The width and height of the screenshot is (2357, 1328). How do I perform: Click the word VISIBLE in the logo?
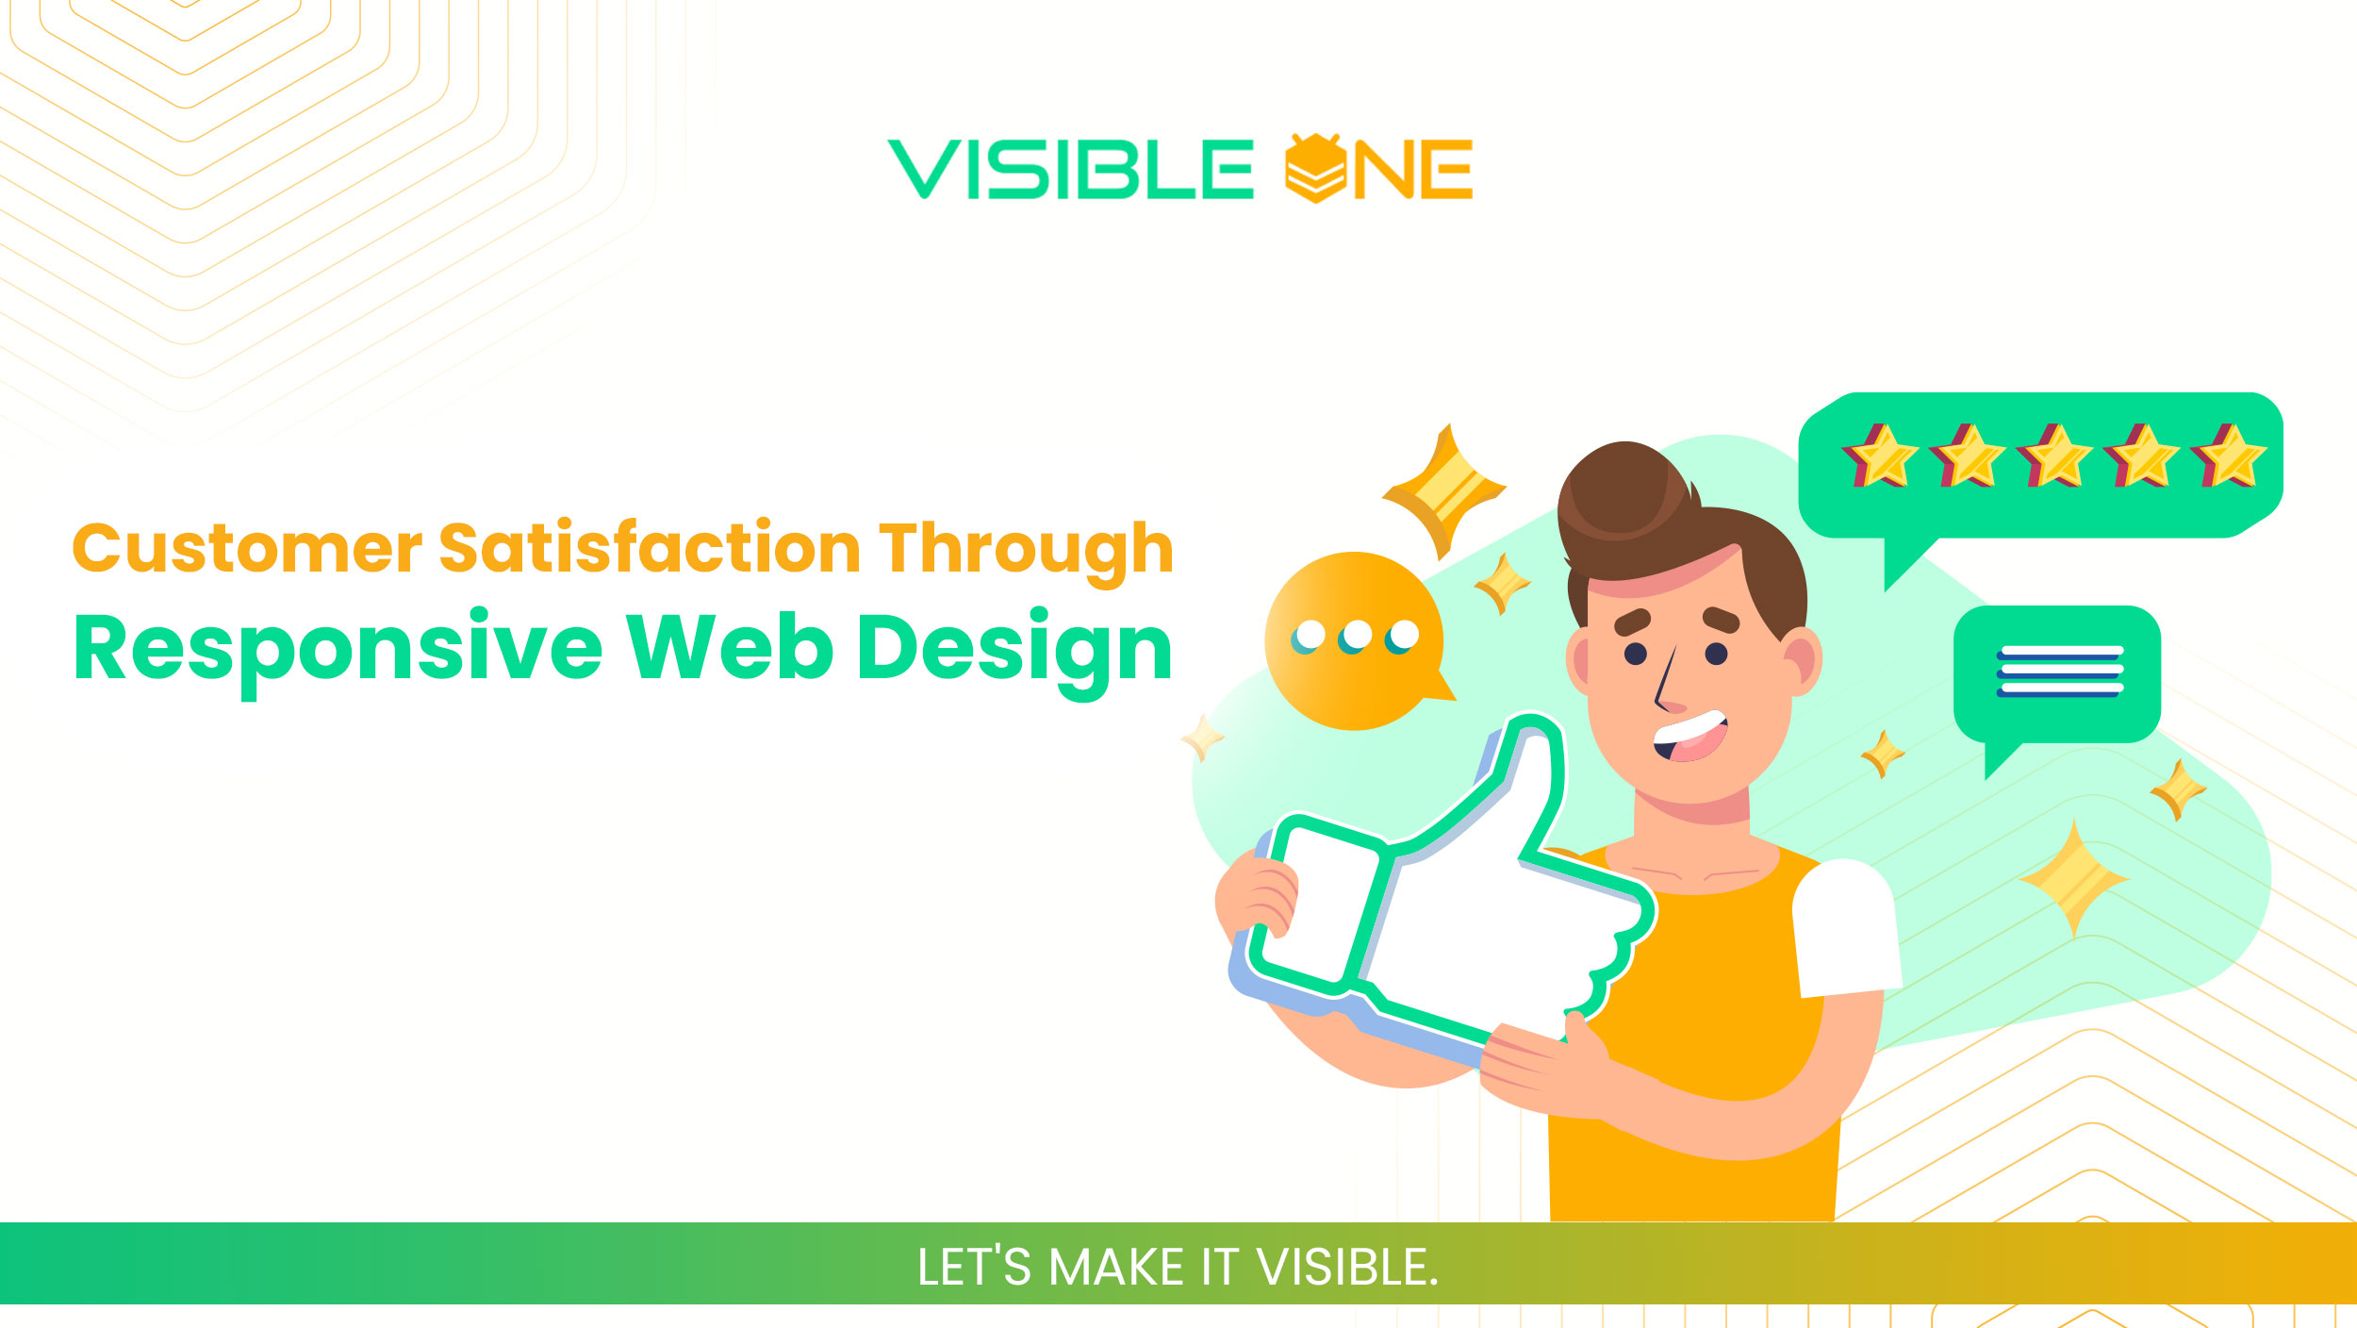[x=1070, y=170]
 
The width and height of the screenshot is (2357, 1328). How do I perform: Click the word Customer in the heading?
[x=247, y=549]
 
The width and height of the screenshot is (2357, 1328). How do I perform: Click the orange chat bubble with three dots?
[x=1355, y=640]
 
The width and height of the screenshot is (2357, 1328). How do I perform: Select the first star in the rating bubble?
[x=1880, y=456]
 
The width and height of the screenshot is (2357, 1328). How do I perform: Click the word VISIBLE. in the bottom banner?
[x=1347, y=1267]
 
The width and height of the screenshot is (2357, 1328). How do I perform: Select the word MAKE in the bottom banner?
[x=1116, y=1267]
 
